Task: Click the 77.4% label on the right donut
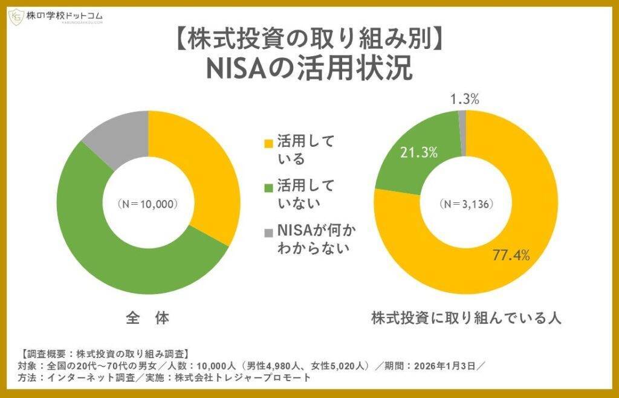pos(510,255)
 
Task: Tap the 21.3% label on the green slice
pos(418,153)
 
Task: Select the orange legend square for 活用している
pos(268,143)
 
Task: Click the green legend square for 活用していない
pos(268,187)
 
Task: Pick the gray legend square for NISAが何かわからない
pos(268,232)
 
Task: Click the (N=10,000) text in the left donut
pos(147,204)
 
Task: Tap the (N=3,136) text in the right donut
pos(465,204)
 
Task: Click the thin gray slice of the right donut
pos(462,133)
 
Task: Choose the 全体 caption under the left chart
pos(148,318)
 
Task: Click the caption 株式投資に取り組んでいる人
pos(466,318)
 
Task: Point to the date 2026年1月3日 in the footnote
pos(445,366)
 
